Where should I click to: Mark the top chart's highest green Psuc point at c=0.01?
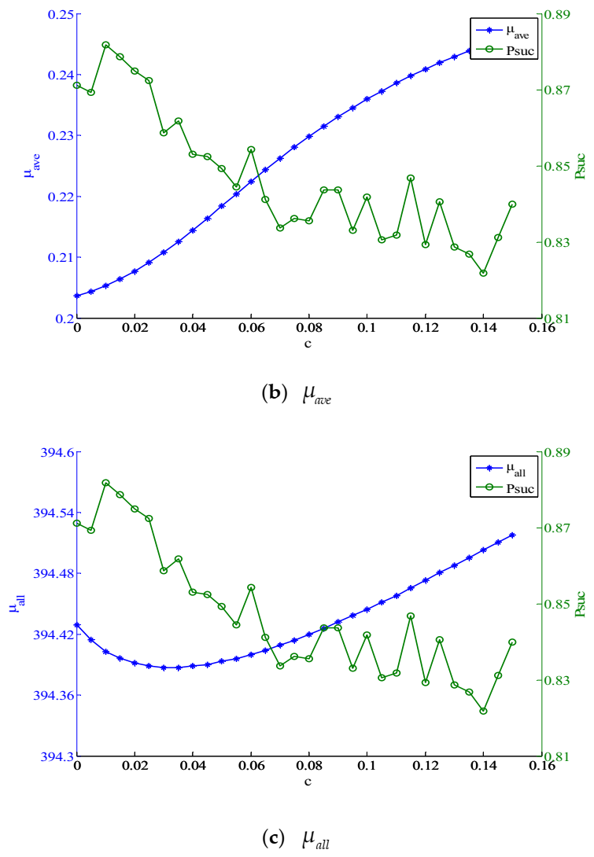(105, 45)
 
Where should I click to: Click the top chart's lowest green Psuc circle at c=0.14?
(483, 273)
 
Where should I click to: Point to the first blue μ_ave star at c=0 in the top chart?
(77, 296)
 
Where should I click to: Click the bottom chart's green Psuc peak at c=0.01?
(105, 483)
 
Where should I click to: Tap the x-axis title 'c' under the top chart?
(308, 344)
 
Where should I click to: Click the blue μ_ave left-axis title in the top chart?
(29, 165)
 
